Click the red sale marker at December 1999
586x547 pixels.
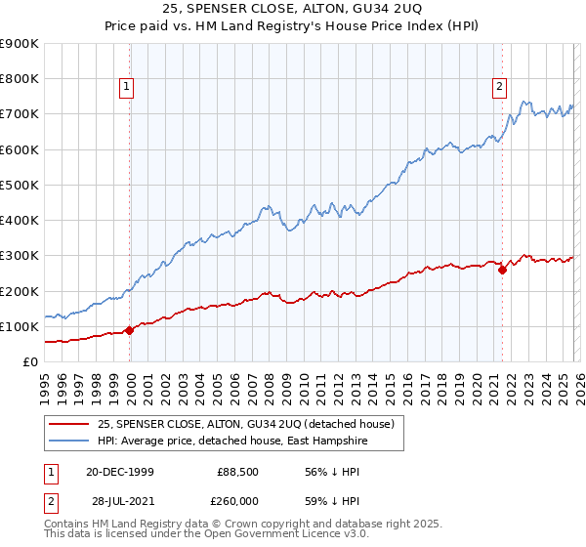(x=130, y=330)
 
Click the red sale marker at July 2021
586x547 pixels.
(x=502, y=270)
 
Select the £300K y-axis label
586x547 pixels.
(x=20, y=256)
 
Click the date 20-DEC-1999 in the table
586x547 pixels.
(x=119, y=472)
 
